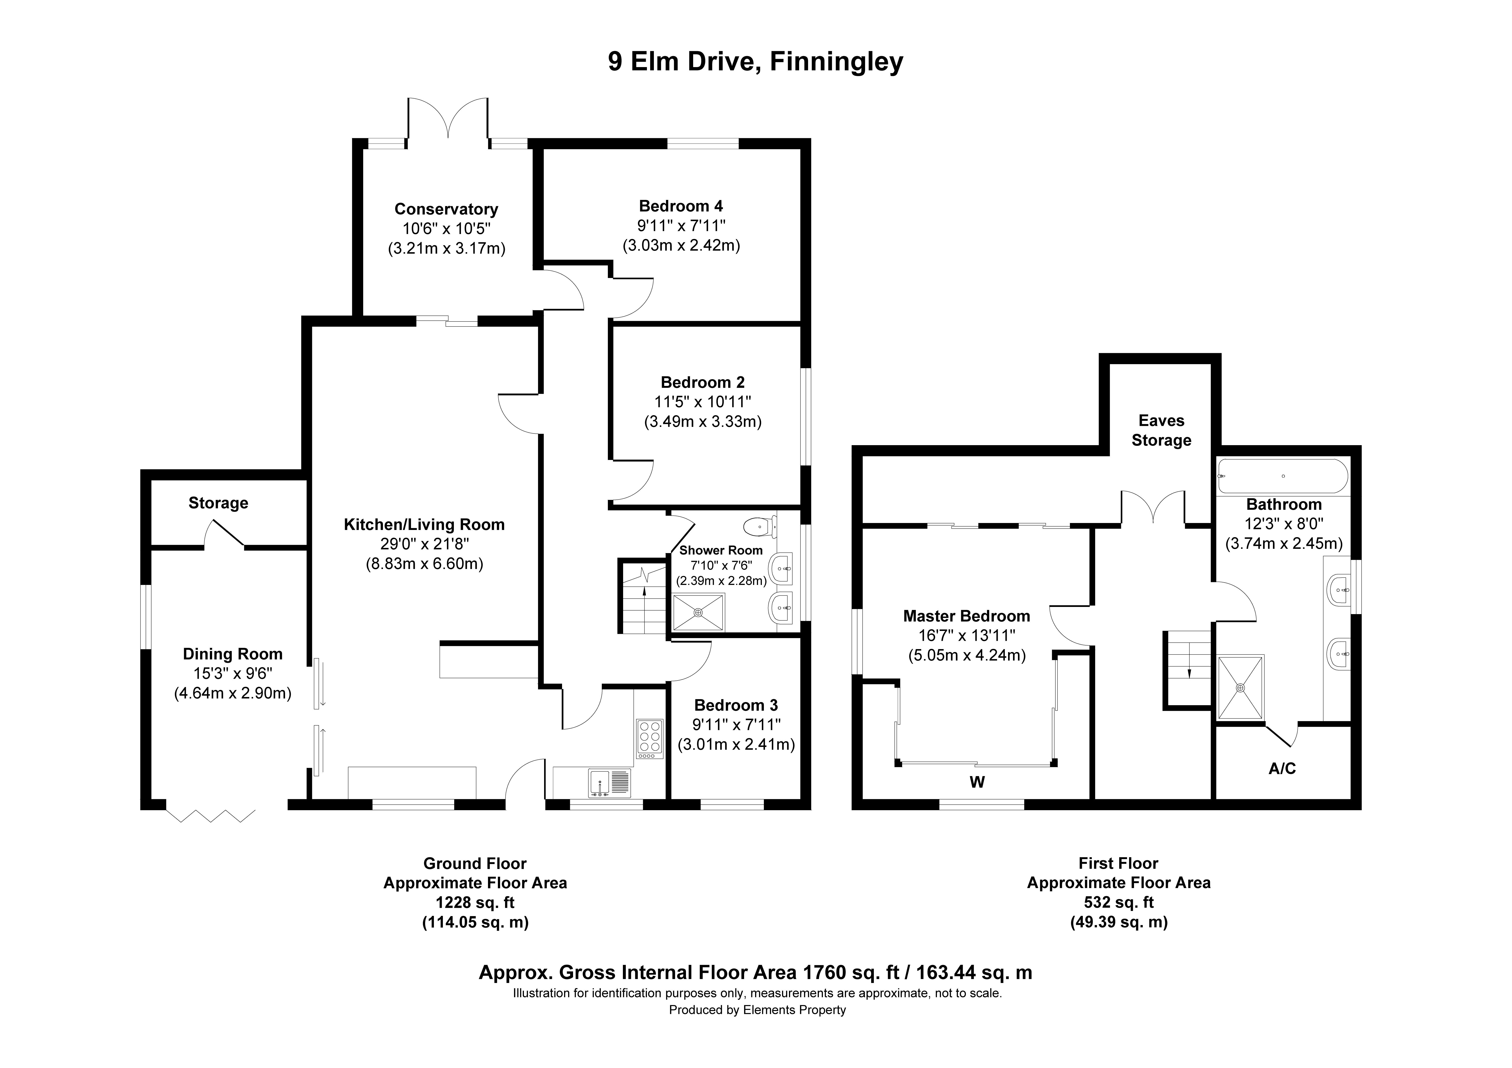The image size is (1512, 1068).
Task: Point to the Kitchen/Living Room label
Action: [x=424, y=525]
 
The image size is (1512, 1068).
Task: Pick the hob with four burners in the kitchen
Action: [x=649, y=739]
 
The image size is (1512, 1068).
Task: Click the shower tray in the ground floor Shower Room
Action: [x=698, y=612]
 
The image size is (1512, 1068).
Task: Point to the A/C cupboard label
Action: [x=1281, y=768]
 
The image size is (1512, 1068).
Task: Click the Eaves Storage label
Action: [x=1161, y=431]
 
